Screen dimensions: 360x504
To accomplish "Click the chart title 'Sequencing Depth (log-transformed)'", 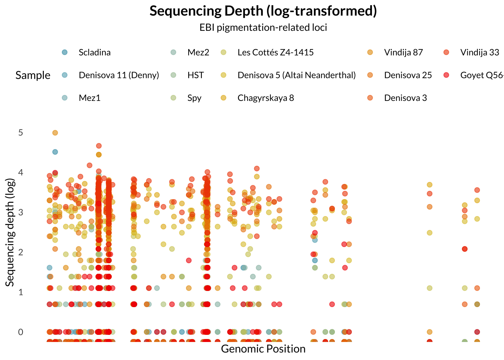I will point(263,11).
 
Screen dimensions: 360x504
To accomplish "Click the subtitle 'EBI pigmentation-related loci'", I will point(263,27).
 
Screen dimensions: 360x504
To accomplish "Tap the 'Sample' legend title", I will point(33,75).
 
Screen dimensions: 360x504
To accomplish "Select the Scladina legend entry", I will point(94,52).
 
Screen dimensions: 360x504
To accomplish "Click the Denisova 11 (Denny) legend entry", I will point(118,75).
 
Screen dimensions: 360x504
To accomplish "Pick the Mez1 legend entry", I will point(89,98).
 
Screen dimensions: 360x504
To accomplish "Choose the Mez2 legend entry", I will point(198,52).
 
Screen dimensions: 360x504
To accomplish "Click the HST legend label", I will point(195,75).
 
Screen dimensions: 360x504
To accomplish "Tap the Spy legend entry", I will point(194,98).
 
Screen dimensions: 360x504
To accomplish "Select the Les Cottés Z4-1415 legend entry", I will point(275,52).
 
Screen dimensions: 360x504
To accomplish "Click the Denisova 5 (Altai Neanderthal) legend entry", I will point(296,75).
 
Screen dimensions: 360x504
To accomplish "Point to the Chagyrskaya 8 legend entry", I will point(265,98).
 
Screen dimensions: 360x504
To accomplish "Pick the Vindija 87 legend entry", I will point(403,52).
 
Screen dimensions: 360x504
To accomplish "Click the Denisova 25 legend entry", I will point(408,75).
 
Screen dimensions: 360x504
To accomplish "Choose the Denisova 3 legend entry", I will point(405,98).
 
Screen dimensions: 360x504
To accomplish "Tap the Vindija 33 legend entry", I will point(480,52).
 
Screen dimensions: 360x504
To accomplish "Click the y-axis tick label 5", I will point(21,133).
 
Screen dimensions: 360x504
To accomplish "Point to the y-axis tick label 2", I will point(21,252).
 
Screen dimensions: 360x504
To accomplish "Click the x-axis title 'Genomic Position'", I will point(263,349).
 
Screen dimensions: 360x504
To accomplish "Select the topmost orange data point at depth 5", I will point(55,133).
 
